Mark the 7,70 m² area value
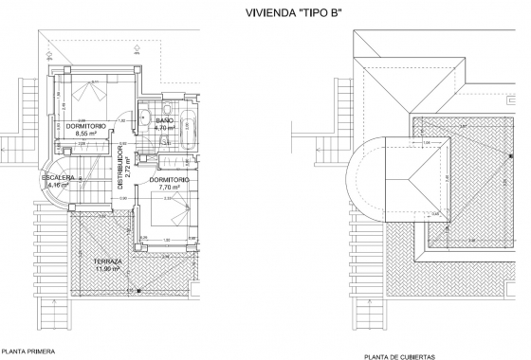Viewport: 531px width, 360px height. [170, 188]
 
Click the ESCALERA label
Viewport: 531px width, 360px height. [57, 178]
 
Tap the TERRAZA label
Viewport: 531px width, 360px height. [107, 261]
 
